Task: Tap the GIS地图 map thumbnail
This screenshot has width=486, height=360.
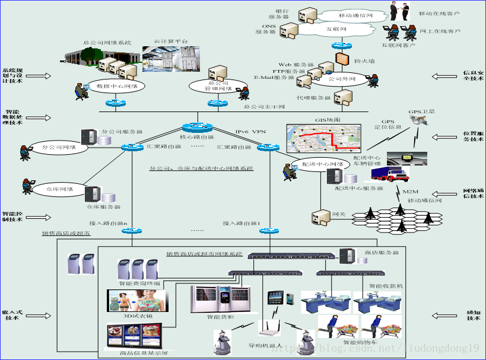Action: (x=323, y=139)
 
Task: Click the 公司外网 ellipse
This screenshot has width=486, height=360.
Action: (x=342, y=78)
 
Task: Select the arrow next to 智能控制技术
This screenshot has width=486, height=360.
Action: (x=39, y=217)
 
